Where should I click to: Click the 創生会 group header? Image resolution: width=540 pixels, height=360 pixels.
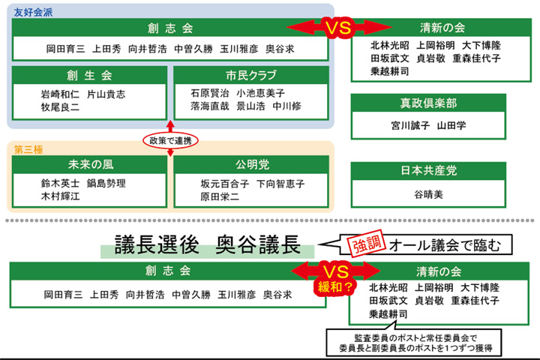click(x=88, y=75)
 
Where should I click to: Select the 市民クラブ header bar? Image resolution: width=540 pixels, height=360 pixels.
click(x=250, y=75)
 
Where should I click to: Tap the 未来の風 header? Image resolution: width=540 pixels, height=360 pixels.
click(x=88, y=164)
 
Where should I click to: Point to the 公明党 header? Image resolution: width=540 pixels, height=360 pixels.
click(x=250, y=164)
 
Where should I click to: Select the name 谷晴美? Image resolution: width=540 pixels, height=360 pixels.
click(x=428, y=194)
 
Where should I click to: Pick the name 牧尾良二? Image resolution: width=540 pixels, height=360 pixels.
click(x=60, y=107)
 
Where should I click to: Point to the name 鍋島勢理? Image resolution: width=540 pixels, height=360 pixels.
click(x=106, y=183)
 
